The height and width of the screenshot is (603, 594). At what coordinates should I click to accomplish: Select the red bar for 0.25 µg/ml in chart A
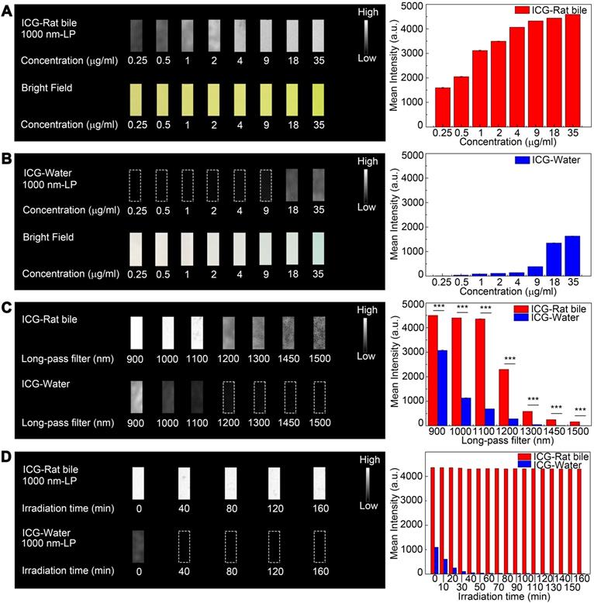click(x=442, y=106)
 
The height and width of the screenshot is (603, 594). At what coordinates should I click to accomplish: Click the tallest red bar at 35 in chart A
click(x=572, y=70)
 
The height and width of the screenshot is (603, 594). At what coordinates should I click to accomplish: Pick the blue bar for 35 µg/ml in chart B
click(x=572, y=255)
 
